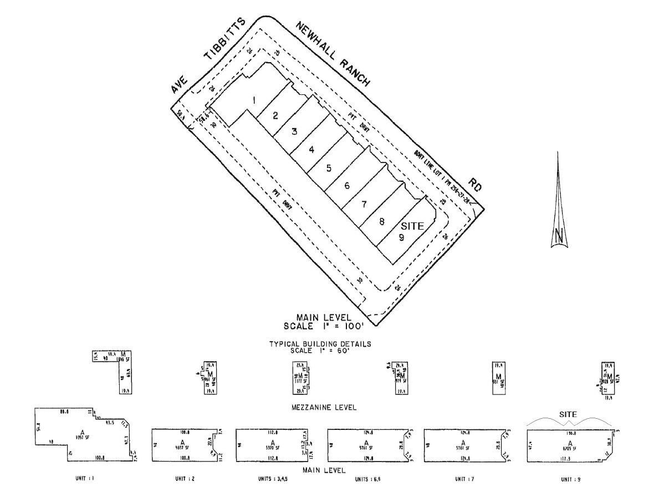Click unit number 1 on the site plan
tap(253, 100)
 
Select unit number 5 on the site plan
tap(329, 168)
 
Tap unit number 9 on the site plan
tap(401, 237)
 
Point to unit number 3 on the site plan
tap(294, 131)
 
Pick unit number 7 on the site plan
tap(364, 204)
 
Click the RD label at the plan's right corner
tap(475, 185)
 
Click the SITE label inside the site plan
tap(412, 226)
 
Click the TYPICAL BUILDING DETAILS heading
tap(320, 344)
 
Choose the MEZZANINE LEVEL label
tap(324, 407)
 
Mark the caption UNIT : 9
tap(570, 479)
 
